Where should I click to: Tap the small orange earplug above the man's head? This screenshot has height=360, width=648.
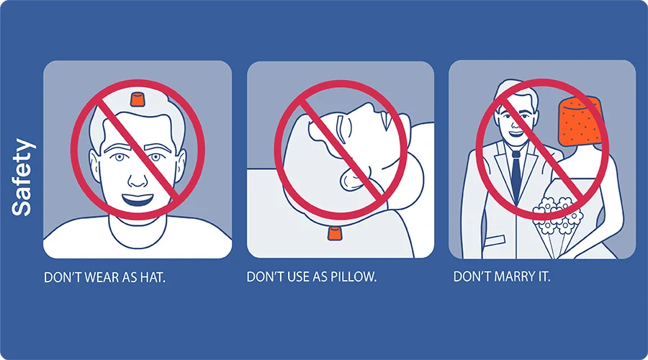(136, 99)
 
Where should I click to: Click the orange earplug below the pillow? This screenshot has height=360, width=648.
(334, 233)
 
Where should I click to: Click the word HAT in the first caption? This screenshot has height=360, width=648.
(153, 277)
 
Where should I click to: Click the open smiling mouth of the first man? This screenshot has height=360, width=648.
(138, 200)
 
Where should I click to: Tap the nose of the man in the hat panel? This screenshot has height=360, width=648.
(138, 178)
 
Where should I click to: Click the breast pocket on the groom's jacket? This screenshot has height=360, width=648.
(495, 241)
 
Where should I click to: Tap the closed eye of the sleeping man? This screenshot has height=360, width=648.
(342, 128)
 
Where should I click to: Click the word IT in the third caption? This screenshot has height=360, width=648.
(544, 276)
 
